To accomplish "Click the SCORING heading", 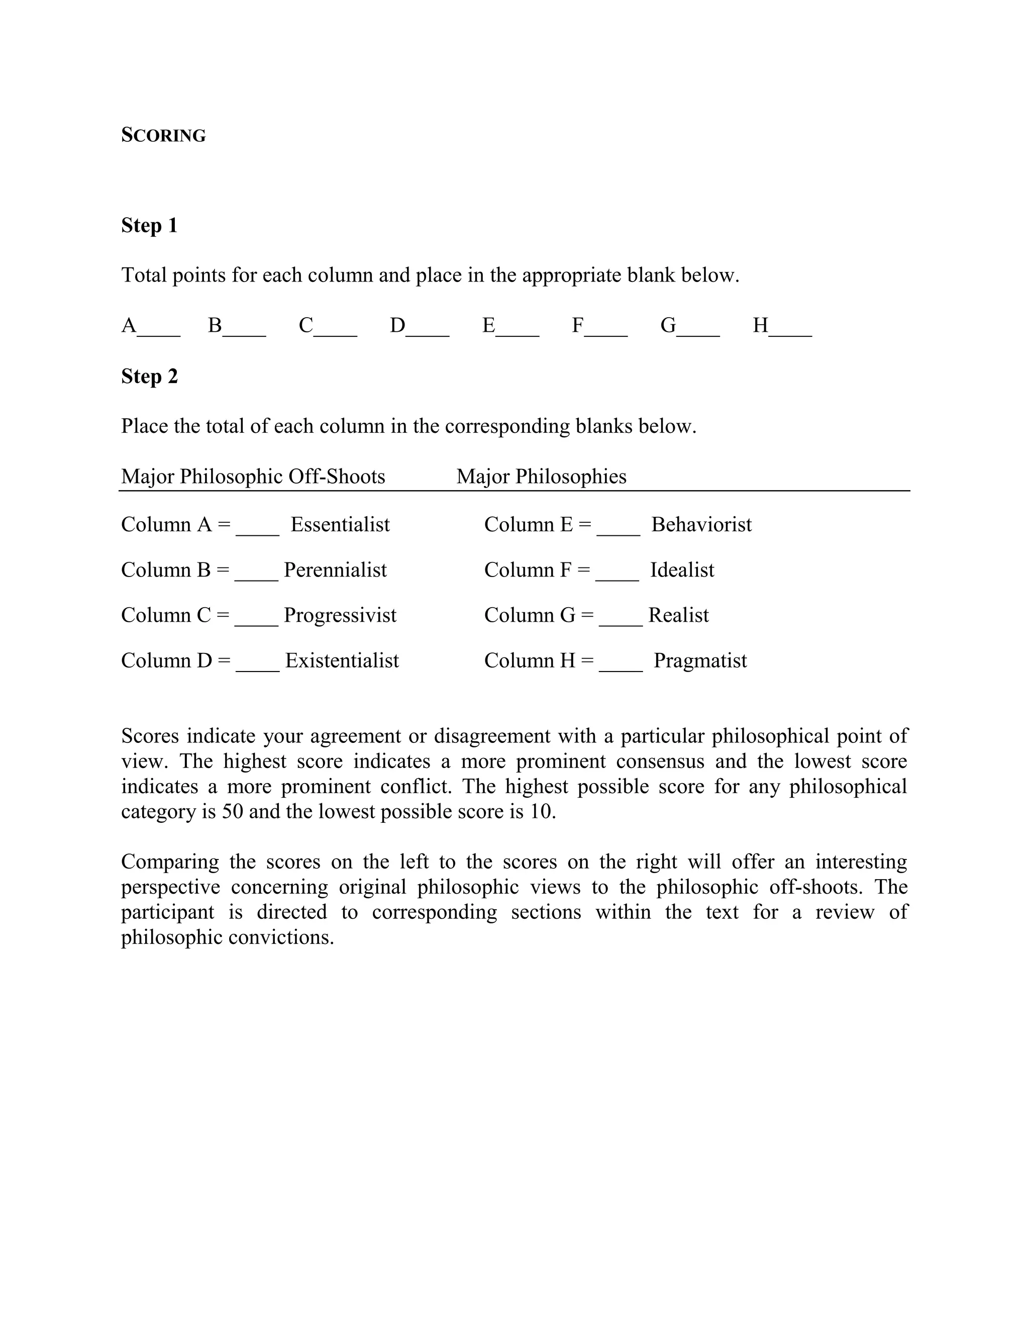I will pos(163,135).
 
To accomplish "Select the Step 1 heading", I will pos(149,226).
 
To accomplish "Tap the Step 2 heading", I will pos(149,376).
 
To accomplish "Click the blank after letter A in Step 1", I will pos(159,329).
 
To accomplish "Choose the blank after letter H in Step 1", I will pos(791,329).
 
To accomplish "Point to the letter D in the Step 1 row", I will pos(397,326).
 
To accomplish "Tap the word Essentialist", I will pos(340,524).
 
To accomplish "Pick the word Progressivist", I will pos(340,615).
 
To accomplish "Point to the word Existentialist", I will pos(342,660).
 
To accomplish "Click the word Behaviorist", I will pos(701,524).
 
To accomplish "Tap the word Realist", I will pos(678,615).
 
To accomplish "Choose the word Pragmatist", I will pos(700,660).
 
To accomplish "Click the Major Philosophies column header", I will pos(541,477).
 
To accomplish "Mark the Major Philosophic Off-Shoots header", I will pos(253,477).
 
